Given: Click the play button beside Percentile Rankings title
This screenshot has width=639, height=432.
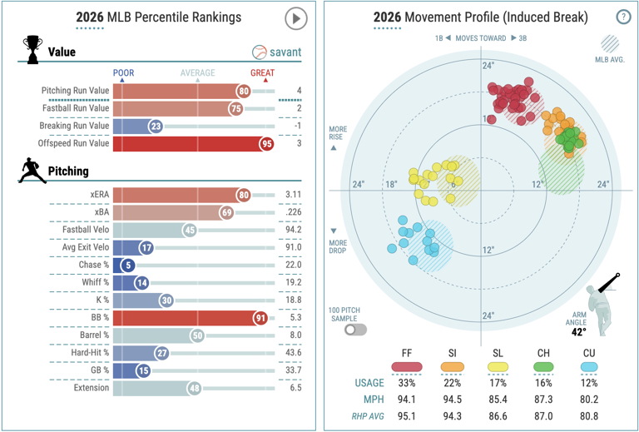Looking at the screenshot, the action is tap(295, 18).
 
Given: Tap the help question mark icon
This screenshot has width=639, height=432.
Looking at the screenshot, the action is tap(623, 17).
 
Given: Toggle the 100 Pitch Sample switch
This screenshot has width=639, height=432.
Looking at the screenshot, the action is tap(355, 330).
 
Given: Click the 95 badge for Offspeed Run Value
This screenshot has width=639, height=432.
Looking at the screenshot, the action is tap(267, 144).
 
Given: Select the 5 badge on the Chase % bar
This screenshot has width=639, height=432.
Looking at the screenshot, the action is tap(128, 266).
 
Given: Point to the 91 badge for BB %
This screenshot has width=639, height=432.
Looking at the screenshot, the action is tap(260, 318).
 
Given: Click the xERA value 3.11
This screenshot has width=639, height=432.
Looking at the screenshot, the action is tap(294, 195).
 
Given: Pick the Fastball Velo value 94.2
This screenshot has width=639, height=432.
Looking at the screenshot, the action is tap(294, 230).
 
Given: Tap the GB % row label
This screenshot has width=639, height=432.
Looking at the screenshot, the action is tap(100, 370).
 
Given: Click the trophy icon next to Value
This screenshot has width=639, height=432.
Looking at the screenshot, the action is tap(32, 49).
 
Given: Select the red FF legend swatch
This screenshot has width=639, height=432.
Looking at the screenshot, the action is tap(407, 366).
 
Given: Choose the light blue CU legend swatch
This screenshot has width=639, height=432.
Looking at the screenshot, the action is tap(589, 366).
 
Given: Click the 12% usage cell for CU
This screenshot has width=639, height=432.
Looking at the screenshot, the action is tap(589, 383).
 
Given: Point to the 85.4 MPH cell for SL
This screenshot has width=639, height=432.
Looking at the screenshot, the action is tap(498, 400).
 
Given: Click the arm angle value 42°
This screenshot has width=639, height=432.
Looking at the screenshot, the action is tap(579, 332).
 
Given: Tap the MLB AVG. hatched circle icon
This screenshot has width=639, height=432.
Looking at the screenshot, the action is tap(610, 44).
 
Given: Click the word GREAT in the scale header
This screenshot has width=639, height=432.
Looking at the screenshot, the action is tap(262, 73).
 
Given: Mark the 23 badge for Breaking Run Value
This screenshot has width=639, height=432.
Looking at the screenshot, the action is tap(156, 127).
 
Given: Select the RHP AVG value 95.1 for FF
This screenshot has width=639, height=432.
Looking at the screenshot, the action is tap(407, 416).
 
